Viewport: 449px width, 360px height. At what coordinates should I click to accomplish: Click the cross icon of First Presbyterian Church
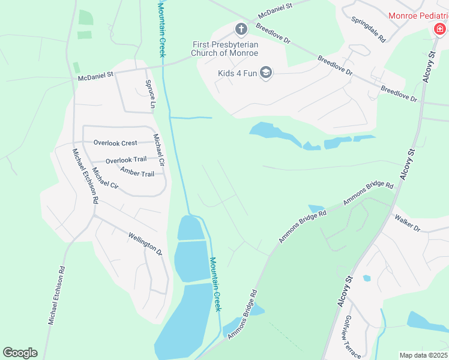click(241, 28)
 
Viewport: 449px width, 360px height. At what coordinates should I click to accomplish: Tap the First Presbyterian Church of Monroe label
click(225, 49)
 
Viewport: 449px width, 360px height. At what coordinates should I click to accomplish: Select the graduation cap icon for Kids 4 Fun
click(266, 73)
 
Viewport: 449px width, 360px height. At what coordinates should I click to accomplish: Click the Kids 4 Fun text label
click(238, 74)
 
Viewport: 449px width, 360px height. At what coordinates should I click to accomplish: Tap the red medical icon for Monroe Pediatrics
click(440, 29)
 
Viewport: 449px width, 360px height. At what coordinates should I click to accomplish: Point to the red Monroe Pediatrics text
click(418, 16)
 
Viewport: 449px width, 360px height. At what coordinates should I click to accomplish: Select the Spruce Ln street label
click(150, 94)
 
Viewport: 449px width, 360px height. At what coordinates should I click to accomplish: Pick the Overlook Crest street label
click(115, 143)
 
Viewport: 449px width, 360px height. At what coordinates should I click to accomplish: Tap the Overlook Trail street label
click(126, 160)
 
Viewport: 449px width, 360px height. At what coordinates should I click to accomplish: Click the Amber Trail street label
click(137, 173)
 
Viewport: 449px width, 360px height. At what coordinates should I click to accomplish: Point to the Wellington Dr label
click(145, 242)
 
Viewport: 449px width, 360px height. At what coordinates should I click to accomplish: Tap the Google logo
click(20, 353)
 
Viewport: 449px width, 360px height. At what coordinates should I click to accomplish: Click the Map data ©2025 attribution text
click(423, 355)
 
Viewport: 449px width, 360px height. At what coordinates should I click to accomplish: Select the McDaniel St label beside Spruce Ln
click(96, 76)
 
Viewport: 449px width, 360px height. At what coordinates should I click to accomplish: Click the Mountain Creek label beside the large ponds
click(215, 284)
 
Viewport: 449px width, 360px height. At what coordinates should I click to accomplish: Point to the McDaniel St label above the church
click(274, 9)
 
